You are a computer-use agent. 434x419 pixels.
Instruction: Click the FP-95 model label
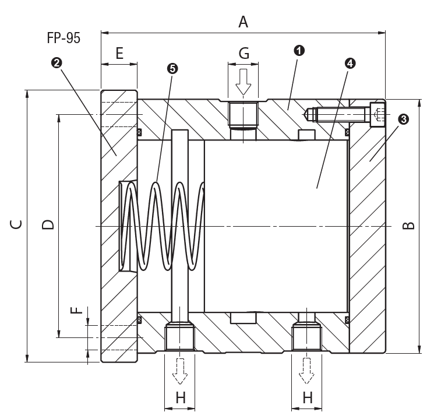[x=63, y=38]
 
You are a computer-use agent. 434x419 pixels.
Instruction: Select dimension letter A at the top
[x=243, y=22]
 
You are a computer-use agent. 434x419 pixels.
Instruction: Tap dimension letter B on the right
[x=408, y=226]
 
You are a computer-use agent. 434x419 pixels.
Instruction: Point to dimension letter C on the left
[x=16, y=224]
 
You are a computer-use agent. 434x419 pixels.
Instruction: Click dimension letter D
[x=48, y=224]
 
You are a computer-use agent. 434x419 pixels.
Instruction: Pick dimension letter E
[x=119, y=53]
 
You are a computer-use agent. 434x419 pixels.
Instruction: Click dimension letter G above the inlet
[x=244, y=53]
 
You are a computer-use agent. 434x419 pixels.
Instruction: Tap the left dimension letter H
[x=181, y=397]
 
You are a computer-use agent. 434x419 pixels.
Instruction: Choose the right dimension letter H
[x=308, y=397]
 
